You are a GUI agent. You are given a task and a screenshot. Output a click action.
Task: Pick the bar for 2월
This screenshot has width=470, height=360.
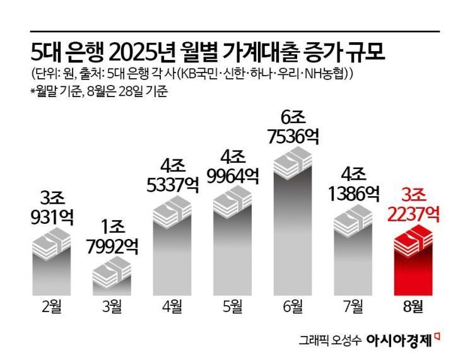click(x=52, y=262)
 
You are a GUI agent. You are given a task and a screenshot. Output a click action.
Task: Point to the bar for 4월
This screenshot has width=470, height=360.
click(x=172, y=246)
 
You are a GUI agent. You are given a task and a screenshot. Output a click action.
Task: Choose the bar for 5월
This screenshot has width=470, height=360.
click(x=233, y=243)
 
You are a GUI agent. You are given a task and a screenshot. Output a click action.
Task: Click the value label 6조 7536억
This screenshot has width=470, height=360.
click(x=293, y=126)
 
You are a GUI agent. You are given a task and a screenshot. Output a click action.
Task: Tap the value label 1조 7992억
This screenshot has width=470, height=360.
click(x=112, y=233)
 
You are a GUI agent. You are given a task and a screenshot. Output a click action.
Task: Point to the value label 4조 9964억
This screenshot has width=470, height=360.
click(x=233, y=164)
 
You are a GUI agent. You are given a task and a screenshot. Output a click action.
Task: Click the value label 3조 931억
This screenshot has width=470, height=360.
click(x=52, y=205)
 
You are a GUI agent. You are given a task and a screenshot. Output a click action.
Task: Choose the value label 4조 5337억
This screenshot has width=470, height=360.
click(x=172, y=177)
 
